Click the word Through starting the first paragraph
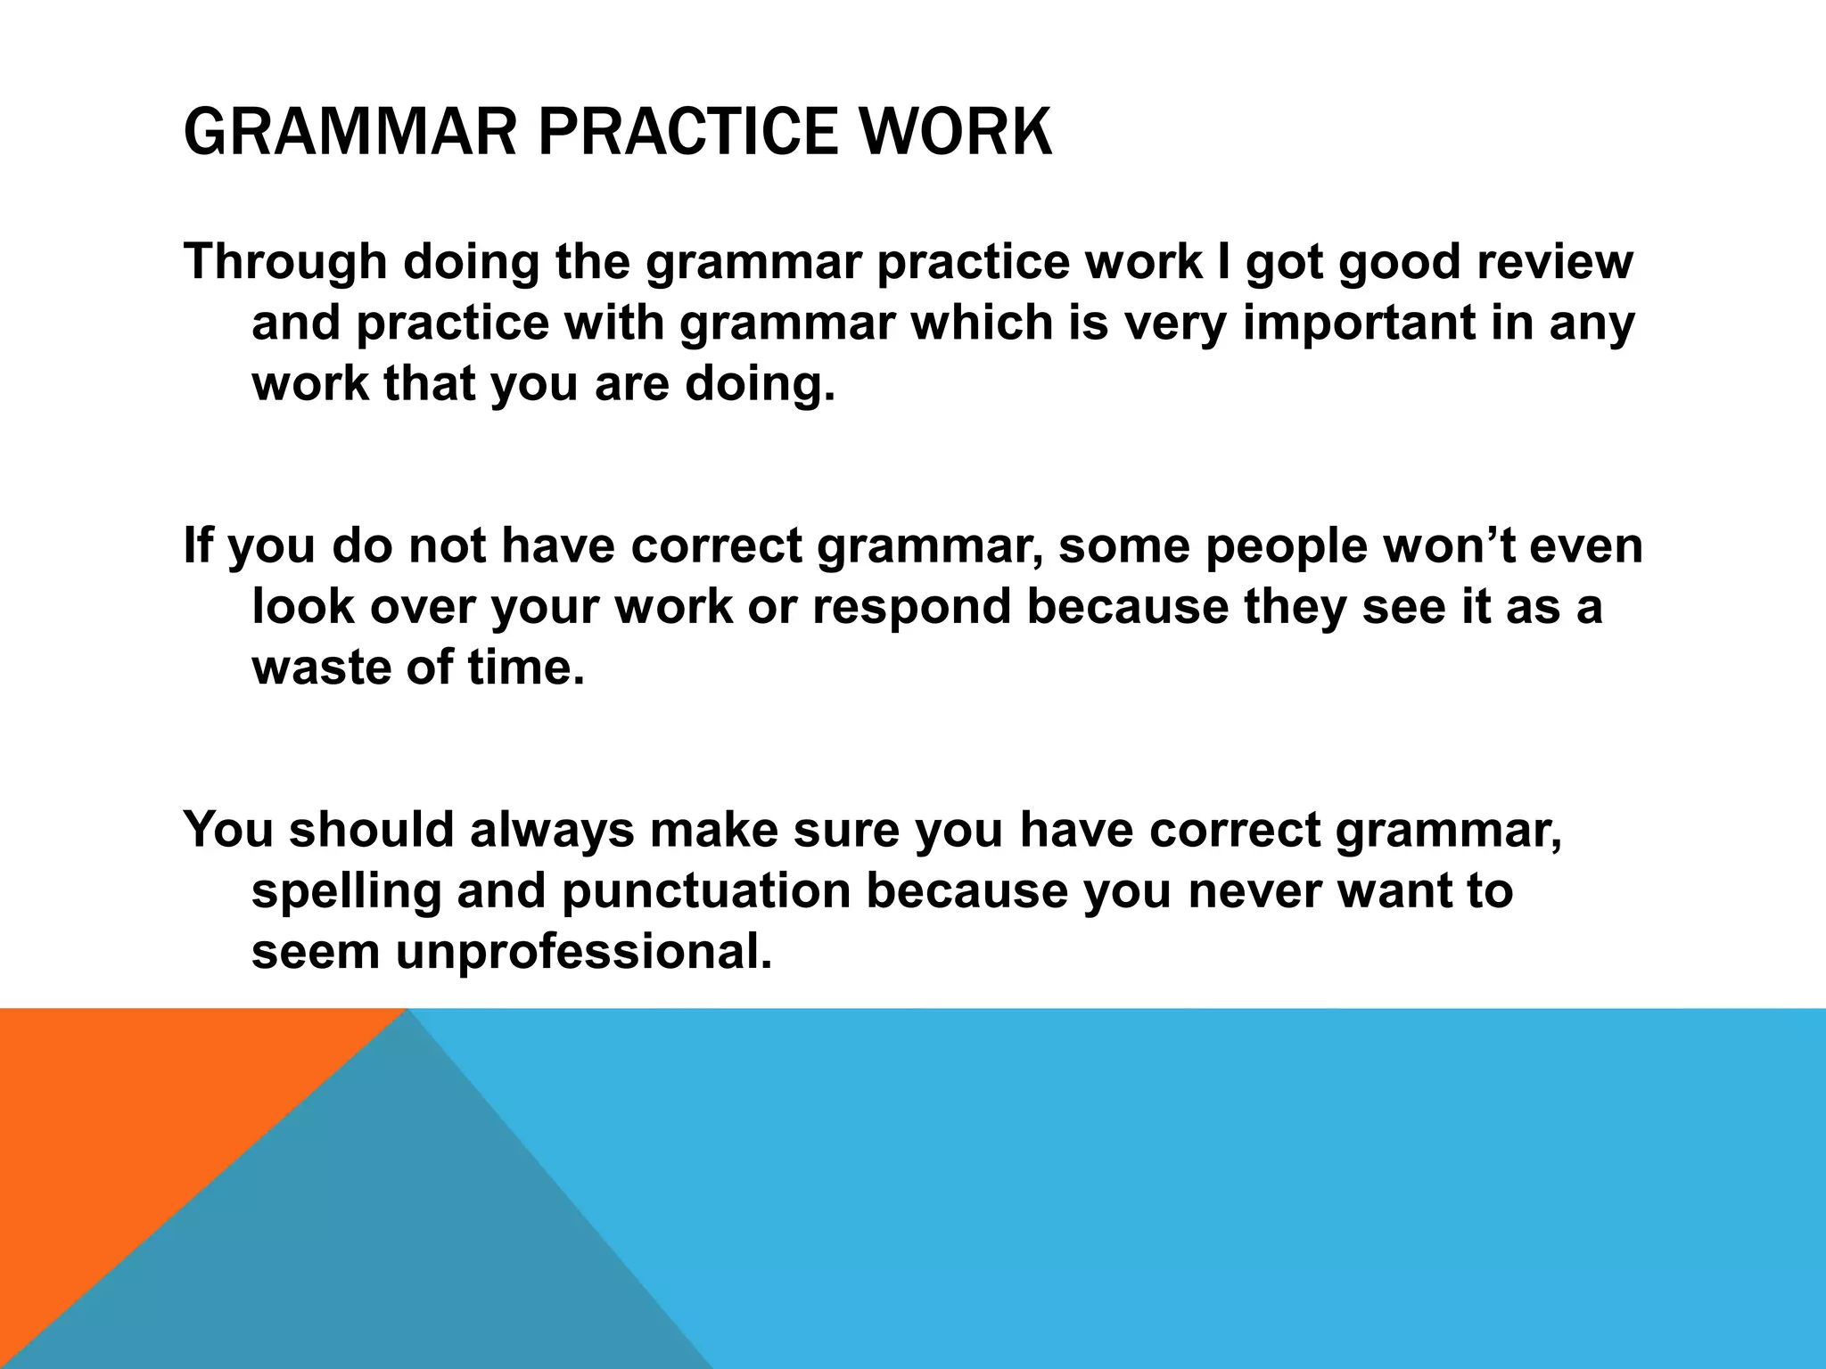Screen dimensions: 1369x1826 coord(285,263)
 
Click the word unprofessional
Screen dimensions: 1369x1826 coord(583,952)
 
